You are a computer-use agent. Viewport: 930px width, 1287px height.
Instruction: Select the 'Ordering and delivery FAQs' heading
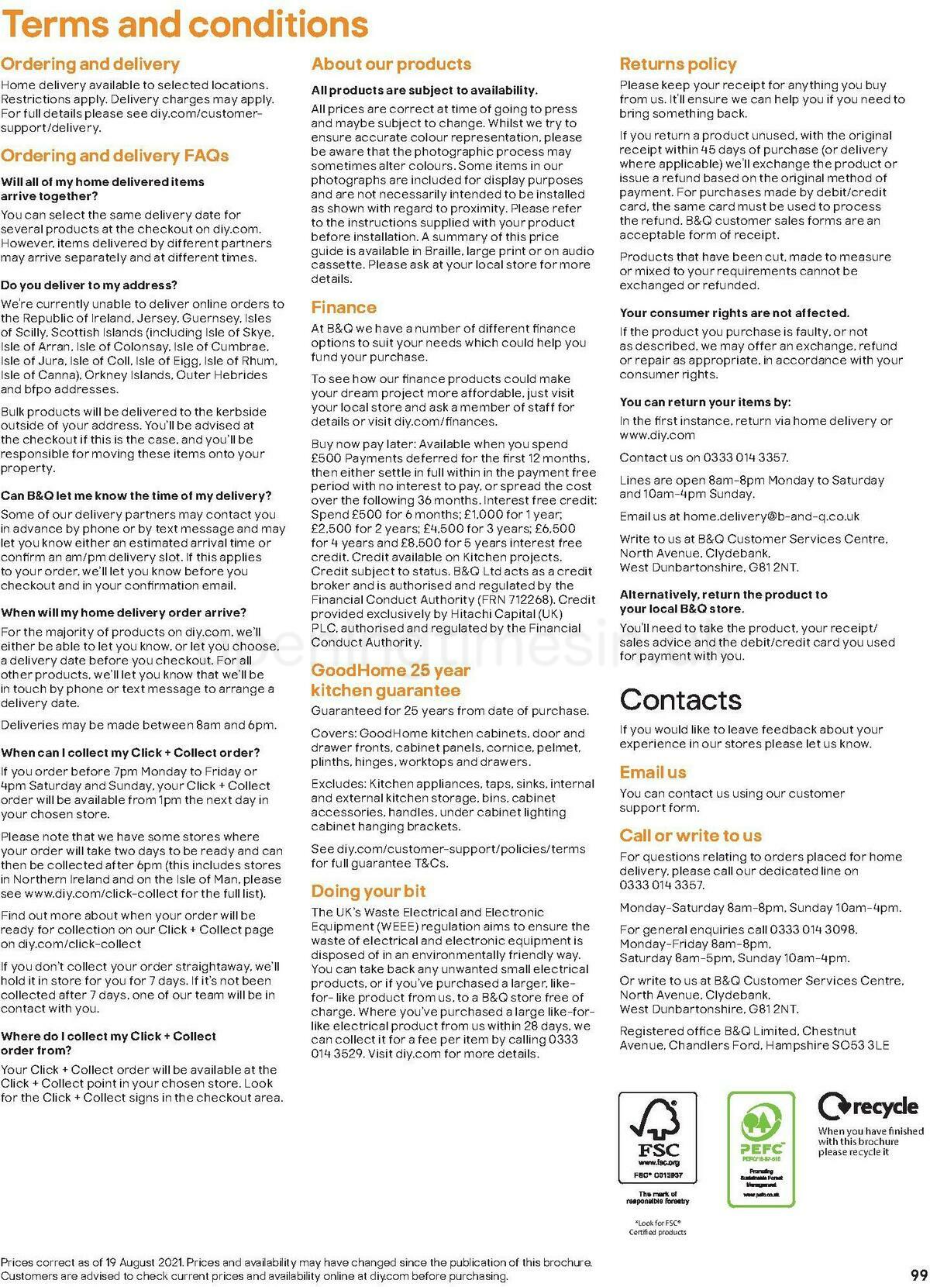click(x=115, y=156)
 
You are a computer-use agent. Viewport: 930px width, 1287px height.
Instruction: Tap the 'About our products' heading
click(x=391, y=64)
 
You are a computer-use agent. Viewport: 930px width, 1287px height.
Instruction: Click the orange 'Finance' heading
click(x=343, y=308)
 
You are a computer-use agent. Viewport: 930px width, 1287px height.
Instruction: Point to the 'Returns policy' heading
click(x=678, y=64)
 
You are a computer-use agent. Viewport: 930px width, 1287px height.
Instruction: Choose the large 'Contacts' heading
click(x=680, y=700)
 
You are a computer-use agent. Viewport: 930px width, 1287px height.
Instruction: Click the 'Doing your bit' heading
click(x=368, y=892)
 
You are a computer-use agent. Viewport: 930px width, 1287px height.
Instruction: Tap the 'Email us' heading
click(x=653, y=773)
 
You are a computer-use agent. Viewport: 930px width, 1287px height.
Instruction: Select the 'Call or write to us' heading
click(x=691, y=836)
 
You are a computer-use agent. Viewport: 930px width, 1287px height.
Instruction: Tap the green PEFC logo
click(x=761, y=1148)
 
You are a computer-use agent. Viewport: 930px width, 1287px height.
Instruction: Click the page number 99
click(x=918, y=1275)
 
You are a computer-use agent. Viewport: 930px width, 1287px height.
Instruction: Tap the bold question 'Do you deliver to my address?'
click(x=89, y=285)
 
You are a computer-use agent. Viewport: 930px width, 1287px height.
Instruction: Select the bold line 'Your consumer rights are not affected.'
click(x=734, y=313)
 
